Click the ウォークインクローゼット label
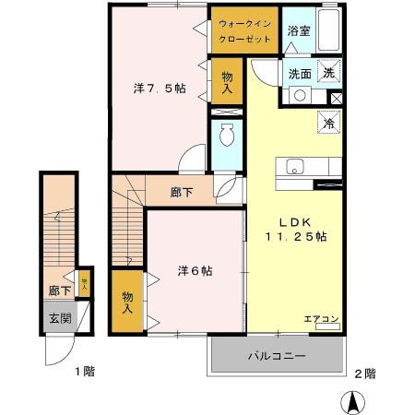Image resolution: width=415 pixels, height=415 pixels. [x=243, y=33]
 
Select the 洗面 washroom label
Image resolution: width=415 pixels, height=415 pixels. [x=299, y=73]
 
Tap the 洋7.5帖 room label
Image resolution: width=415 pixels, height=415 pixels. [x=160, y=89]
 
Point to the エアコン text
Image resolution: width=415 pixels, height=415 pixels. [x=322, y=320]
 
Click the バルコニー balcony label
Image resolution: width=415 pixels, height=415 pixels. [x=276, y=354]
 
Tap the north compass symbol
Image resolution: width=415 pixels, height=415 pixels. [x=352, y=403]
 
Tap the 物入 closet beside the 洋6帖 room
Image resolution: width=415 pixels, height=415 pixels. [x=127, y=302]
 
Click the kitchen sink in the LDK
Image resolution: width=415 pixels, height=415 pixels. [x=296, y=168]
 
